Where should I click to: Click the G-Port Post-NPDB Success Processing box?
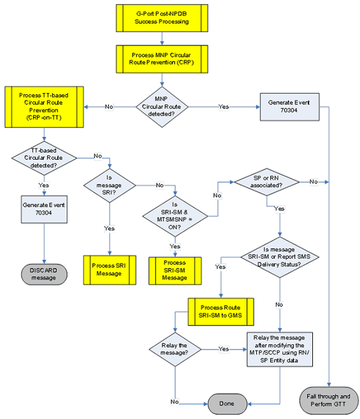click(x=161, y=18)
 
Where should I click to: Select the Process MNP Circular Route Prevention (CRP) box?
click(x=161, y=59)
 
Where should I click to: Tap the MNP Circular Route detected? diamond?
click(x=162, y=106)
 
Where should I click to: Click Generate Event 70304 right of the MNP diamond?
click(x=289, y=106)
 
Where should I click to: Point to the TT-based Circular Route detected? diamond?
click(x=43, y=157)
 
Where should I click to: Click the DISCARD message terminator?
click(x=43, y=273)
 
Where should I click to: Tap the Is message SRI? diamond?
click(x=110, y=185)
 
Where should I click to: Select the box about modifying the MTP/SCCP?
click(x=280, y=350)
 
